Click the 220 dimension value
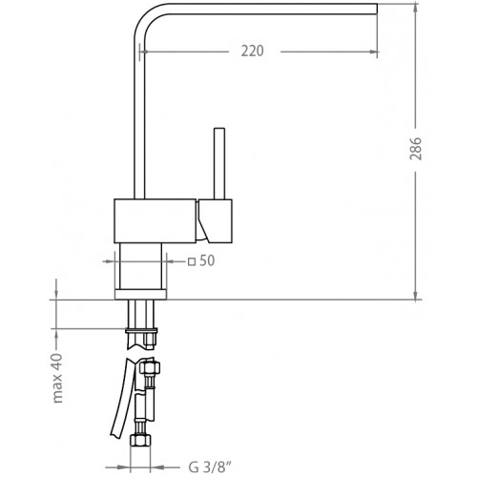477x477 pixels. pos(252,52)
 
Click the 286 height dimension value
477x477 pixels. pos(416,149)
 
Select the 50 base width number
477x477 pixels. pos(207,260)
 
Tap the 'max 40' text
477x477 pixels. pos(58,378)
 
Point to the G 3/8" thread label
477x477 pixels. pos(210,467)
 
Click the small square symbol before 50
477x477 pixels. pos(192,262)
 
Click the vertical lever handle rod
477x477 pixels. pos(219,163)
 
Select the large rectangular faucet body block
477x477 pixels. pos(155,221)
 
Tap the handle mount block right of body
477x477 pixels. pos(215,221)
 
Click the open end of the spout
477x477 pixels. pos(377,9)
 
